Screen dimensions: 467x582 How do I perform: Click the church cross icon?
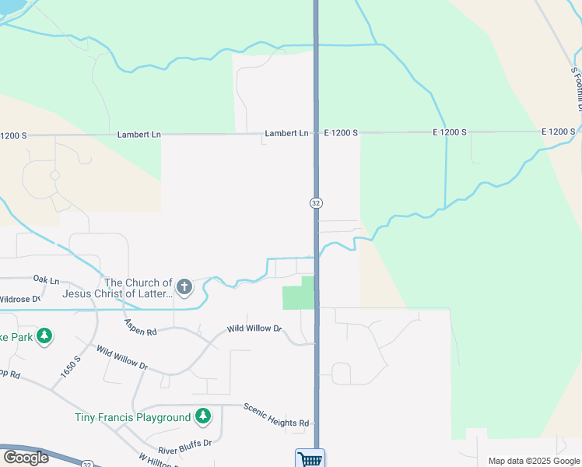point(184,287)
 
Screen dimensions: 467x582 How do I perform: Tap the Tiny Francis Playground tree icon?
point(203,416)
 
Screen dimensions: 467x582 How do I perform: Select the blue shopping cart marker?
point(310,458)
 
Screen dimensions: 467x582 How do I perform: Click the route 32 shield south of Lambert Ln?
point(316,202)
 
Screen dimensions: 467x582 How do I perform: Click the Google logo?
point(26,458)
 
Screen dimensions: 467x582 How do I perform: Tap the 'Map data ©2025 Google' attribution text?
point(534,461)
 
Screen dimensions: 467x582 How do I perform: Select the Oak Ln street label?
point(46,279)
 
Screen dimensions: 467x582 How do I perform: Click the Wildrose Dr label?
point(19,299)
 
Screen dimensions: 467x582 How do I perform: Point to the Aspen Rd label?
point(140,327)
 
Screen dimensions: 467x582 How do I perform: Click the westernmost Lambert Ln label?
point(138,134)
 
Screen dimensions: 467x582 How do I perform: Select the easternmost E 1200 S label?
point(559,133)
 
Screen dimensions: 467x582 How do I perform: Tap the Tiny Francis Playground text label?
point(132,418)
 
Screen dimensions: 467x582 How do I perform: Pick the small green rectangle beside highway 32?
point(298,293)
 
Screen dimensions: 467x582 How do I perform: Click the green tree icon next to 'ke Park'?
point(45,336)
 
